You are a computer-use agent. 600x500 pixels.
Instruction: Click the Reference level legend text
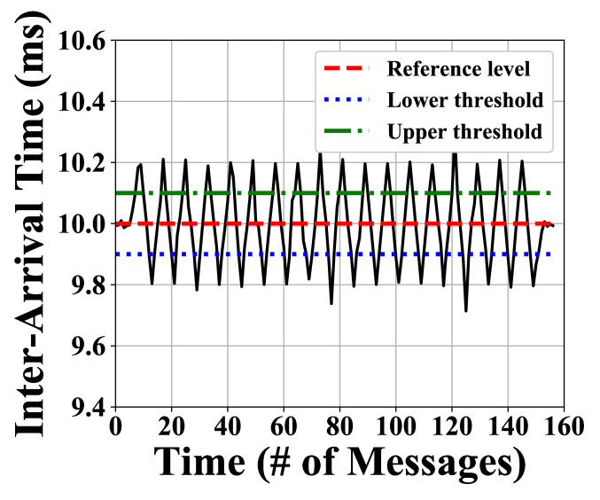[458, 68]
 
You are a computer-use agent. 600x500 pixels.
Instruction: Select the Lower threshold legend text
[464, 100]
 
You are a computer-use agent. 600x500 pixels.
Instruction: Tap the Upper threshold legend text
[464, 132]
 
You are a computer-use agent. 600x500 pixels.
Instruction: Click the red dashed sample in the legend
[347, 68]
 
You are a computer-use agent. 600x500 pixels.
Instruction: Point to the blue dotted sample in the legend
[347, 100]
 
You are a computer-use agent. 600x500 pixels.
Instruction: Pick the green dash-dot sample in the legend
[347, 132]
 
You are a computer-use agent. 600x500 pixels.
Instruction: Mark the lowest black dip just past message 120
[466, 310]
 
